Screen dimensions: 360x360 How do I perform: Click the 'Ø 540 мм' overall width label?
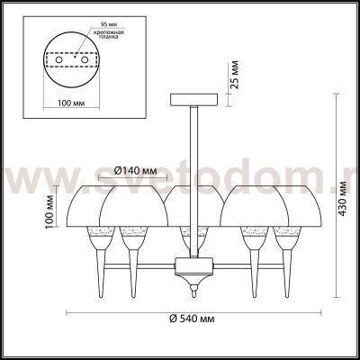point(193,318)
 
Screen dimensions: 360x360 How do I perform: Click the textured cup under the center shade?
point(189,239)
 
